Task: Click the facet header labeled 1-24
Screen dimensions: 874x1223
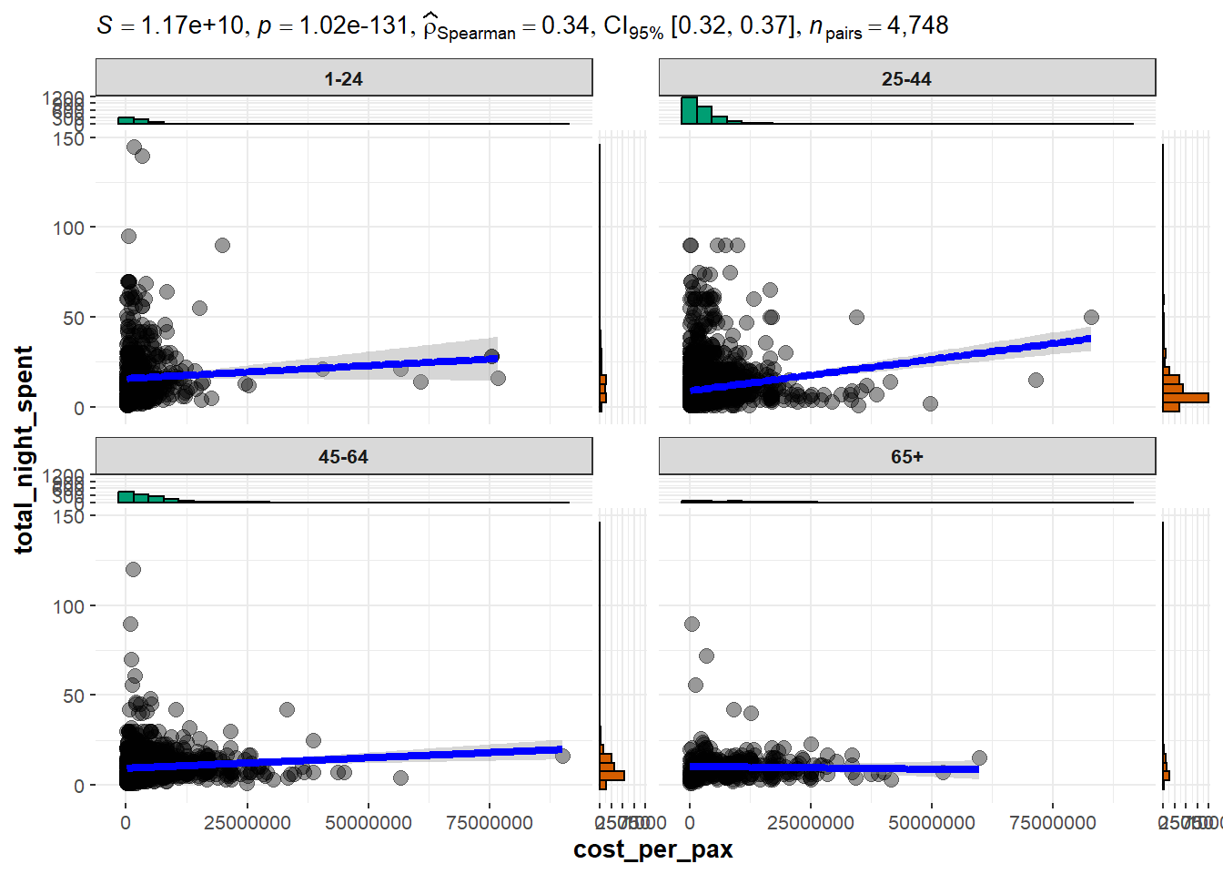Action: pyautogui.click(x=343, y=79)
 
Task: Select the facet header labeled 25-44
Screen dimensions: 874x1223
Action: pyautogui.click(x=906, y=79)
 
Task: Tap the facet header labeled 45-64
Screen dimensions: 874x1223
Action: pyautogui.click(x=343, y=457)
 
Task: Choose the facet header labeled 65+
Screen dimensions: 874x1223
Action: pyautogui.click(x=906, y=457)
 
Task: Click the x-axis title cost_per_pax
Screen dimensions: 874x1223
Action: pyautogui.click(x=652, y=850)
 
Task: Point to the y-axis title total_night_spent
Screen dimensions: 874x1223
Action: pyautogui.click(x=24, y=450)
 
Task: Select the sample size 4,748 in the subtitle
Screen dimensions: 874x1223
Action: pyautogui.click(x=917, y=25)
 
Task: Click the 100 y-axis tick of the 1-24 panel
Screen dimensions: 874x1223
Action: pyautogui.click(x=68, y=228)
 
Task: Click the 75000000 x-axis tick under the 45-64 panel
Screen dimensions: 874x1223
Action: pyautogui.click(x=490, y=823)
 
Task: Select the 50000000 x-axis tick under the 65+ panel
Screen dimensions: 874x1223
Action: pyautogui.click(x=932, y=823)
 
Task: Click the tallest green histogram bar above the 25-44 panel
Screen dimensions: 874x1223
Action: pyautogui.click(x=689, y=110)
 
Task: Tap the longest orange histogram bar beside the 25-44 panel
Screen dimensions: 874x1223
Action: pyautogui.click(x=1186, y=397)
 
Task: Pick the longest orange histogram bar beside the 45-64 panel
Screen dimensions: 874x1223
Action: pyautogui.click(x=611, y=776)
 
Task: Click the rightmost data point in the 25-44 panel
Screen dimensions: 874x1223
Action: pyautogui.click(x=1091, y=318)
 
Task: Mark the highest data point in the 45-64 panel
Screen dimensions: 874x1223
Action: pyautogui.click(x=133, y=569)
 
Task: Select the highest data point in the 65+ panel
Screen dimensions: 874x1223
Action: pyautogui.click(x=692, y=624)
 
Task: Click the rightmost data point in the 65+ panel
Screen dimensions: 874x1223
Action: pyautogui.click(x=979, y=758)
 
